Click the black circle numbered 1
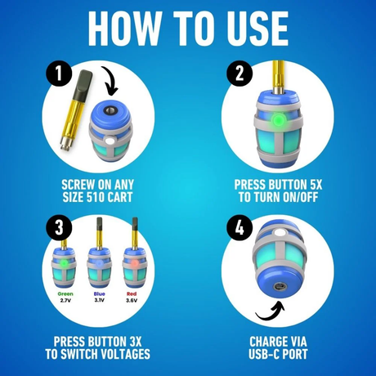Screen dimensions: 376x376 59,74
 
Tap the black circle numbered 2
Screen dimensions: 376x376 239,74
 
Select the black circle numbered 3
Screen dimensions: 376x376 59,227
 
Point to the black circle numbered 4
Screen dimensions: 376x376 239,227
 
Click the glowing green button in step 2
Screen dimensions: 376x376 278,119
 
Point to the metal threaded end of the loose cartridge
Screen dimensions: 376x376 66,144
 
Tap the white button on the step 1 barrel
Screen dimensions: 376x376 110,141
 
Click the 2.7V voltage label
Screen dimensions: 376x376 65,301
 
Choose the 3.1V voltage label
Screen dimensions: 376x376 99,300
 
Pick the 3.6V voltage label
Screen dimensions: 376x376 132,301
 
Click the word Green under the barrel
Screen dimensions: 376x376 65,293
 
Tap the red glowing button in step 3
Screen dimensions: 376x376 134,263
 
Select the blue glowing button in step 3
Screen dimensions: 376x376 99,263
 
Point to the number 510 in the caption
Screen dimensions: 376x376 94,197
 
